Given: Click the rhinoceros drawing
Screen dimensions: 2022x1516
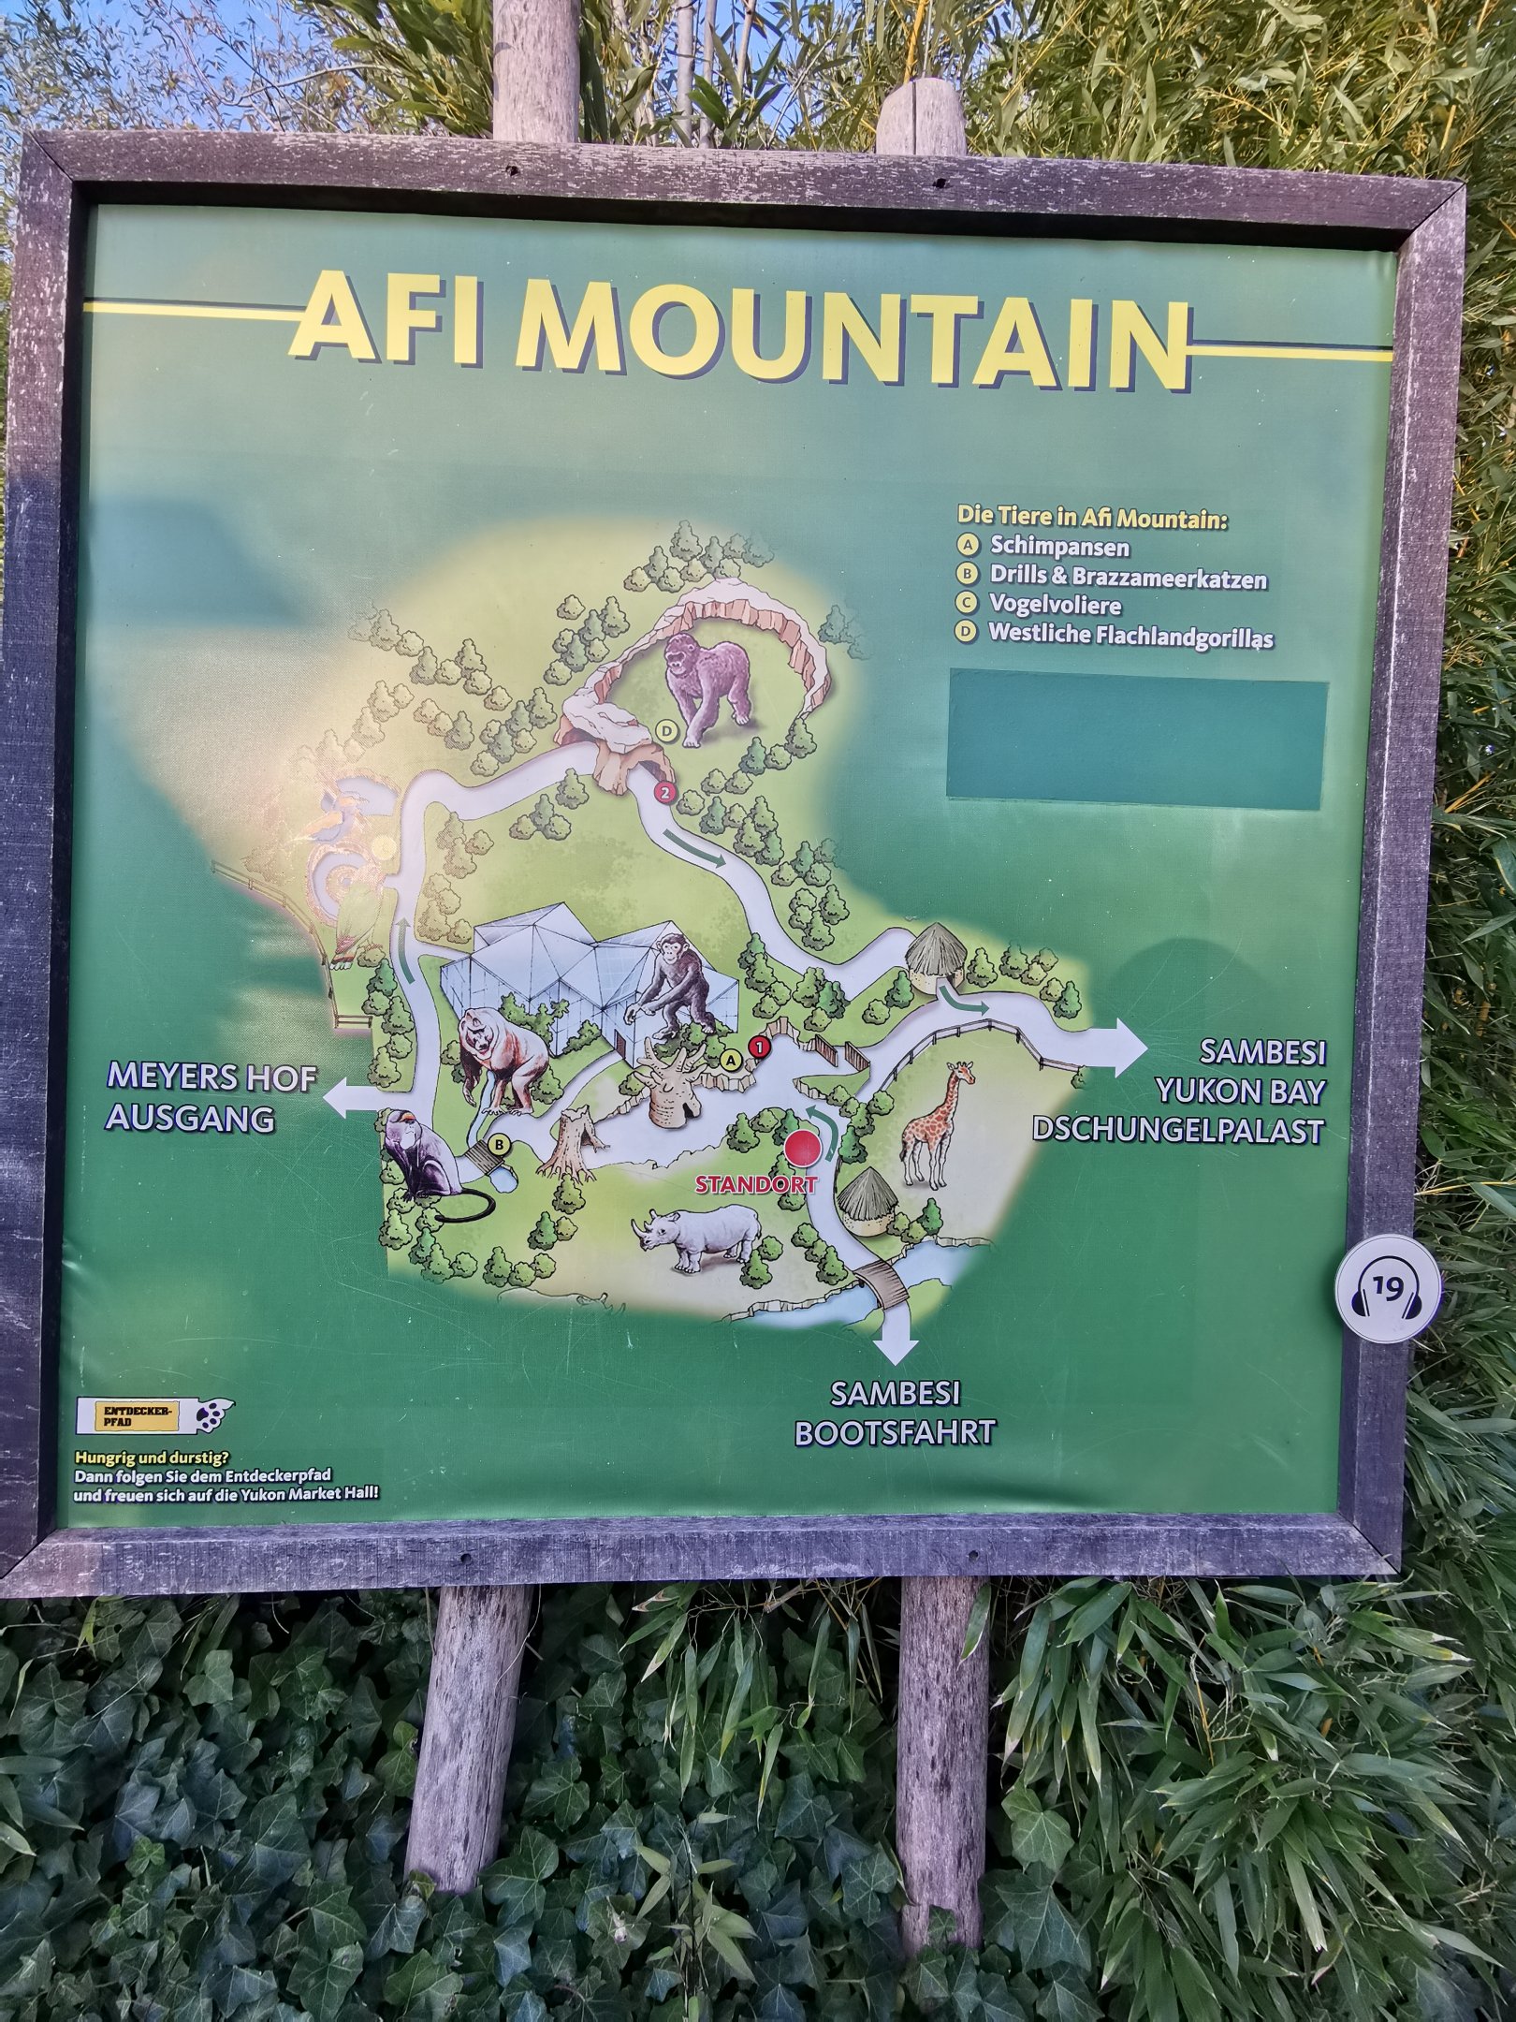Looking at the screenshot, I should [x=698, y=1236].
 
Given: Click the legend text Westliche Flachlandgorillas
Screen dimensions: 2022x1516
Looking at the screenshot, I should [x=1130, y=636].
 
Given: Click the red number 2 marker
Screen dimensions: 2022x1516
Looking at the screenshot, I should [x=664, y=793].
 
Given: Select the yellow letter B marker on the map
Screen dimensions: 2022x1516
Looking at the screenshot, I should [x=500, y=1143].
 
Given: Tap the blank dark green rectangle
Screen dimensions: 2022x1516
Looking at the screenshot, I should [x=1136, y=740].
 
